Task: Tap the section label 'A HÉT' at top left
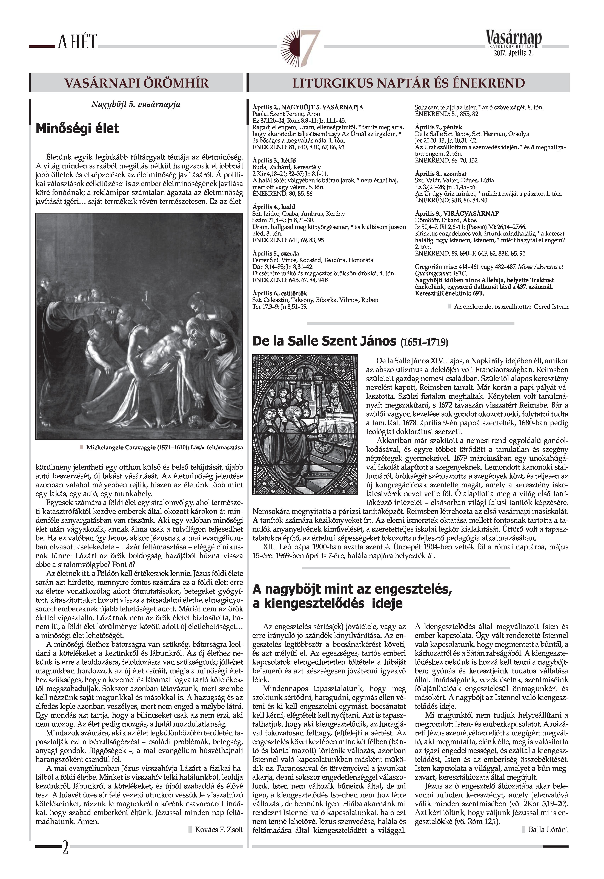[x=78, y=42]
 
